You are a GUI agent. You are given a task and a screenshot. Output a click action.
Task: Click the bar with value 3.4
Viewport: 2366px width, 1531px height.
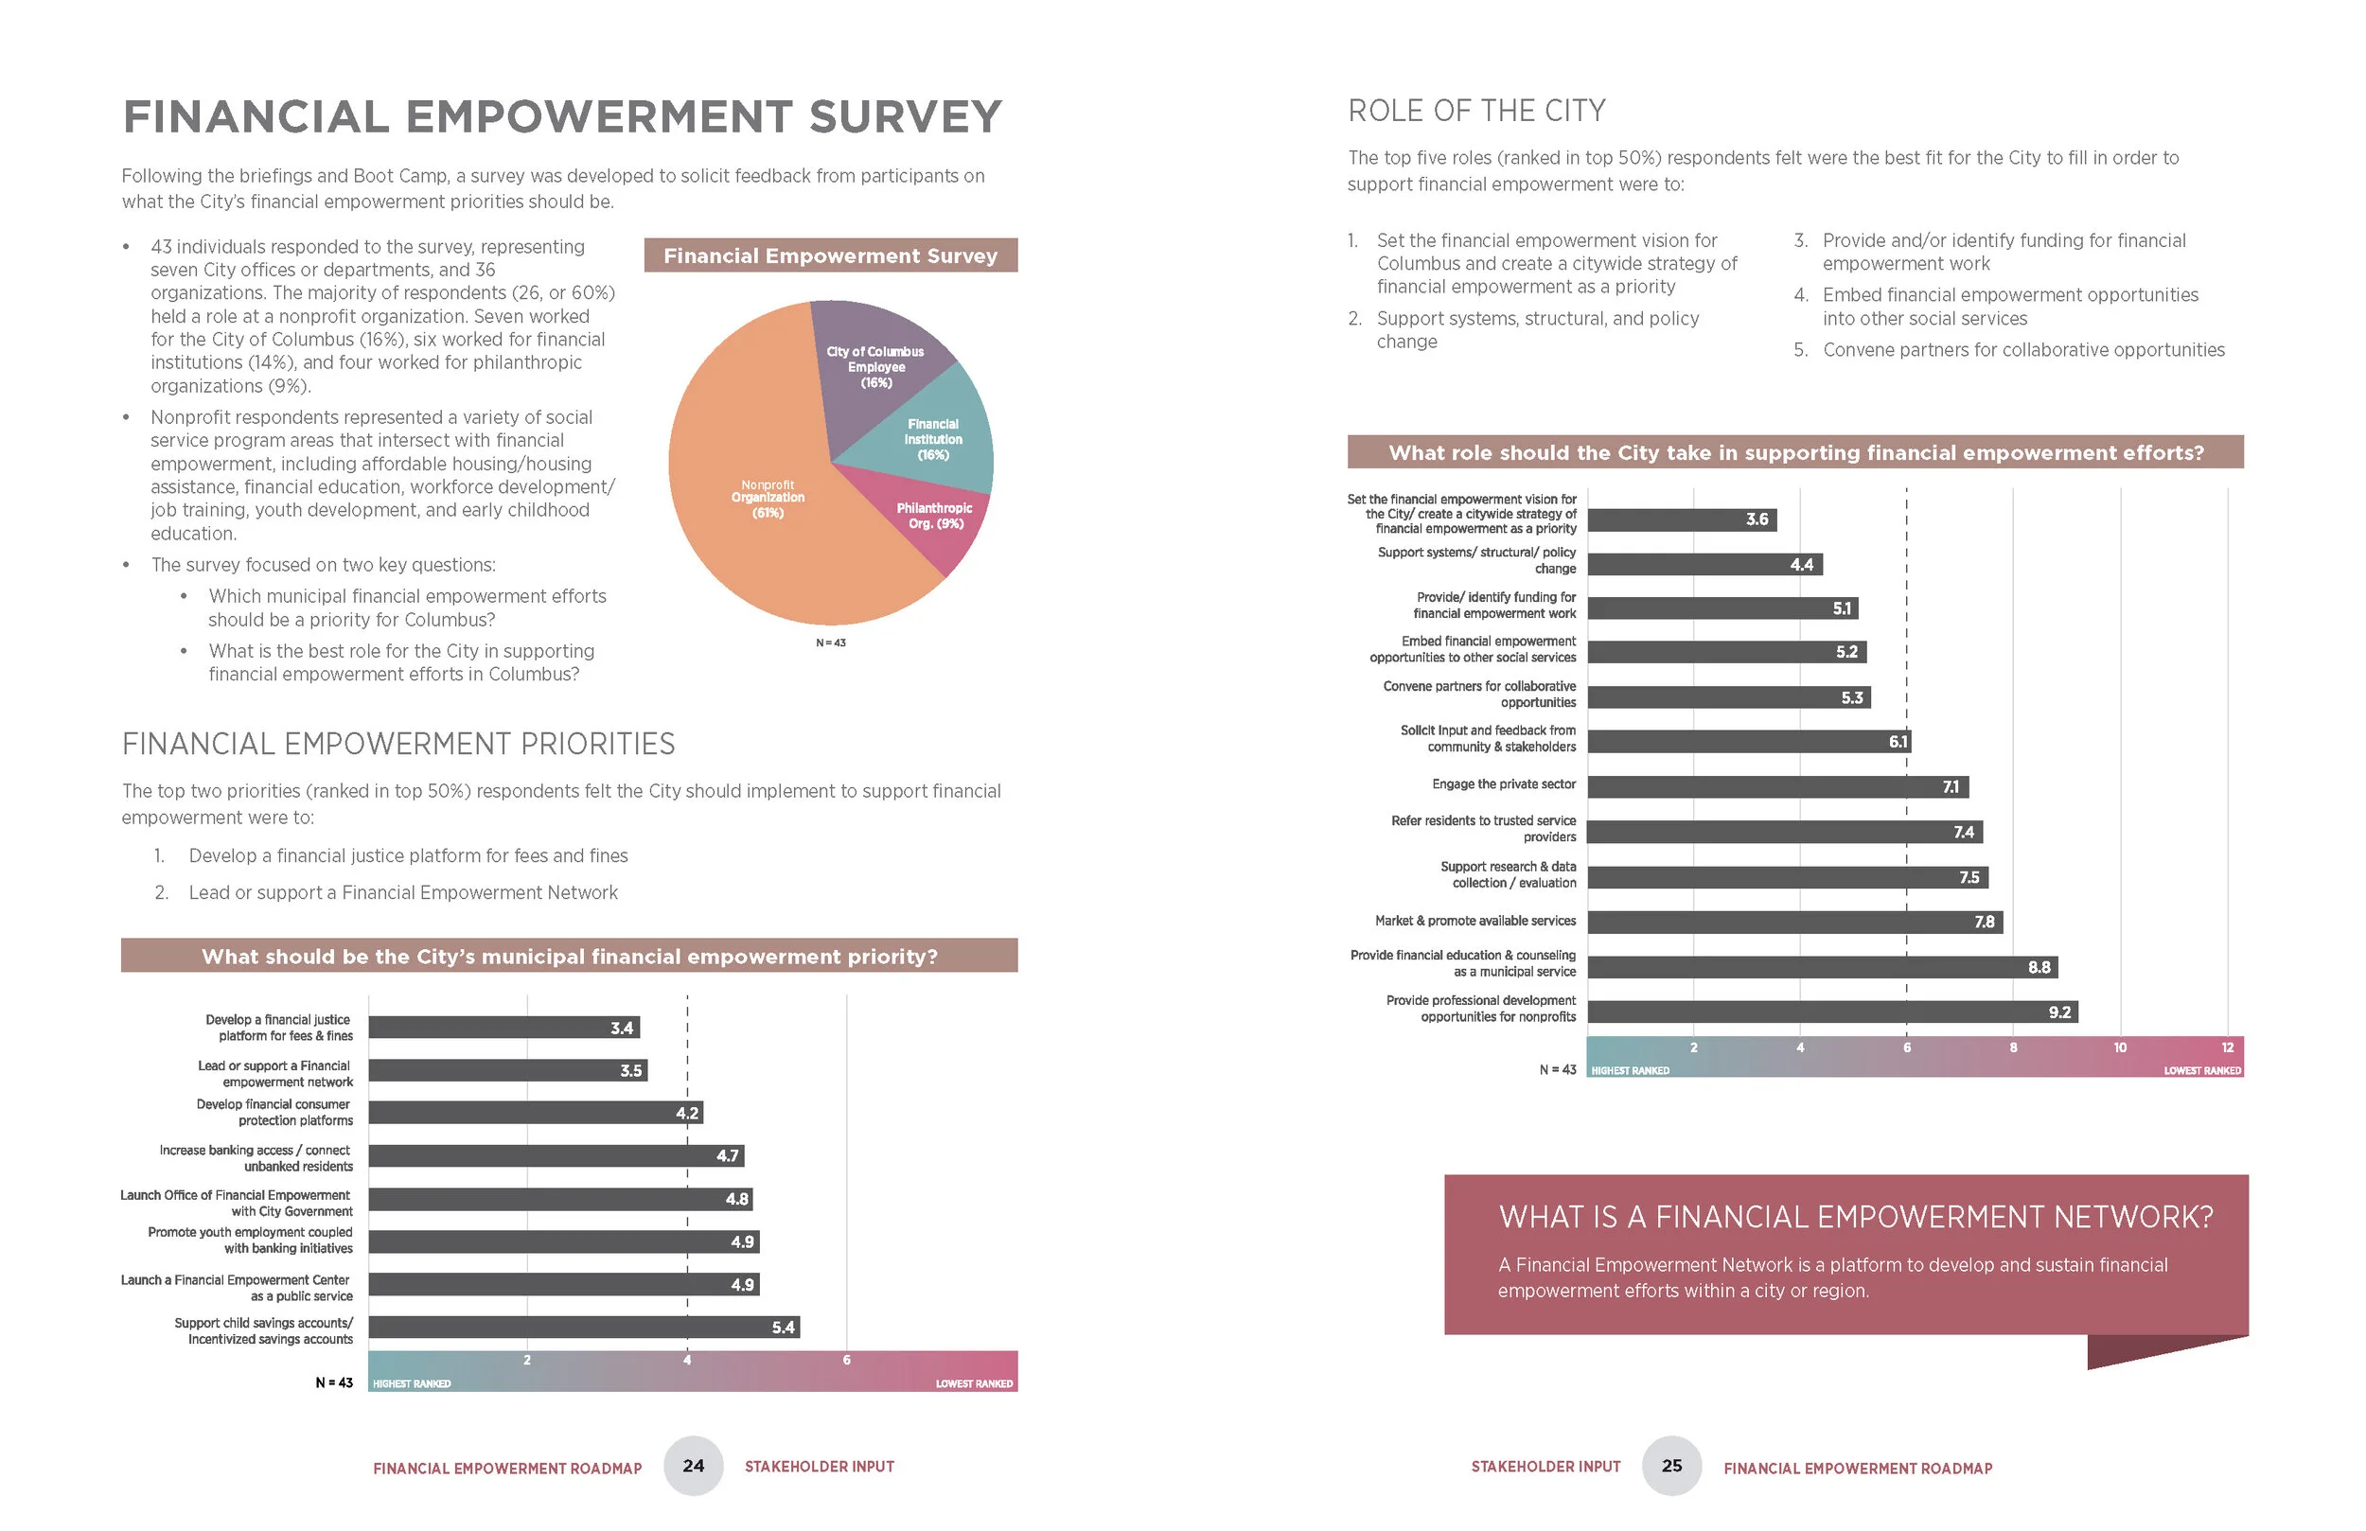pos(503,1027)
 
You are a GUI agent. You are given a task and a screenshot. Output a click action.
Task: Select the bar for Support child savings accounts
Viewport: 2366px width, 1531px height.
pos(584,1327)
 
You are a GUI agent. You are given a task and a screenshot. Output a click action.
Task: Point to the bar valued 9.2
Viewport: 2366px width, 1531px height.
pos(1831,1012)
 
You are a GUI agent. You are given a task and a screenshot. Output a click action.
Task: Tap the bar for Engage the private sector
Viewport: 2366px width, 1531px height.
pos(1777,786)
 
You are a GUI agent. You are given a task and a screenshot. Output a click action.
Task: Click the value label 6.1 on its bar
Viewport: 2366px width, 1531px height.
pos(1898,742)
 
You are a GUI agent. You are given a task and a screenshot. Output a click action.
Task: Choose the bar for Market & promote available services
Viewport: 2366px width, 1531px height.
pos(1794,922)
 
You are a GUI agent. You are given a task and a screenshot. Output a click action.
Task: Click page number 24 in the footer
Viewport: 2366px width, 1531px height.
pos(693,1466)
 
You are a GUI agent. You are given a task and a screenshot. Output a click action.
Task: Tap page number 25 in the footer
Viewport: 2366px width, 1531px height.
pos(1672,1466)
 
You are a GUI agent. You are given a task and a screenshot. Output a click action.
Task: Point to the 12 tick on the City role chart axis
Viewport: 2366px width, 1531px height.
pos(2227,1047)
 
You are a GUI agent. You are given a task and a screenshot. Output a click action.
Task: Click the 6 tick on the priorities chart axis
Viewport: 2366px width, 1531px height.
pos(846,1360)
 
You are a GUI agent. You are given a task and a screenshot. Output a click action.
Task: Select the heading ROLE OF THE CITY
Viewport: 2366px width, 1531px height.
pos(1476,111)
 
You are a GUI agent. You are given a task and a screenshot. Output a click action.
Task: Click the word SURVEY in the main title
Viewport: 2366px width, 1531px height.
pos(905,116)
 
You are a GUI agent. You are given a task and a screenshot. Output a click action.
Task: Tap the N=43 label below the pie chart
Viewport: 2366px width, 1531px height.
pos(830,643)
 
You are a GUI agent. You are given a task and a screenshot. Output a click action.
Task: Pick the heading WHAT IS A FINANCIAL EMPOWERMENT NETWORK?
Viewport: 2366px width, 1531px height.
pos(1855,1217)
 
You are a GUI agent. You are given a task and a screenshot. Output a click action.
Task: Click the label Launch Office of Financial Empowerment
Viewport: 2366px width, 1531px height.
pos(236,1195)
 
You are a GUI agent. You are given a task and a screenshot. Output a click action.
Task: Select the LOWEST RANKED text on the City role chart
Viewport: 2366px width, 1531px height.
pos(2202,1071)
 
